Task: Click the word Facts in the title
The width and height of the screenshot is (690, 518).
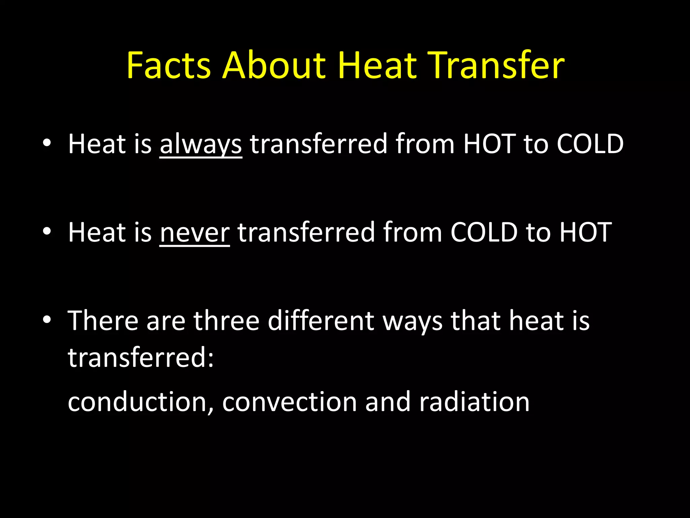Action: (x=168, y=65)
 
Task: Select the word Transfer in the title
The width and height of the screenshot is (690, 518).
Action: (x=498, y=65)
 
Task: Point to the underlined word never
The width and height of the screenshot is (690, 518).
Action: (x=194, y=233)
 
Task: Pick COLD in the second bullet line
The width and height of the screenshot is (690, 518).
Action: (x=484, y=232)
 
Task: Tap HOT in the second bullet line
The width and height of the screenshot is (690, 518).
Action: (x=586, y=232)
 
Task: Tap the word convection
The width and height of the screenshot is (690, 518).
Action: (x=289, y=402)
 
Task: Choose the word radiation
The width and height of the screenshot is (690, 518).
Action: (x=474, y=402)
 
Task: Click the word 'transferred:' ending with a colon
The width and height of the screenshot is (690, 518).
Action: (x=141, y=357)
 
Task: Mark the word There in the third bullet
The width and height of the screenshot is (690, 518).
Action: (x=103, y=321)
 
